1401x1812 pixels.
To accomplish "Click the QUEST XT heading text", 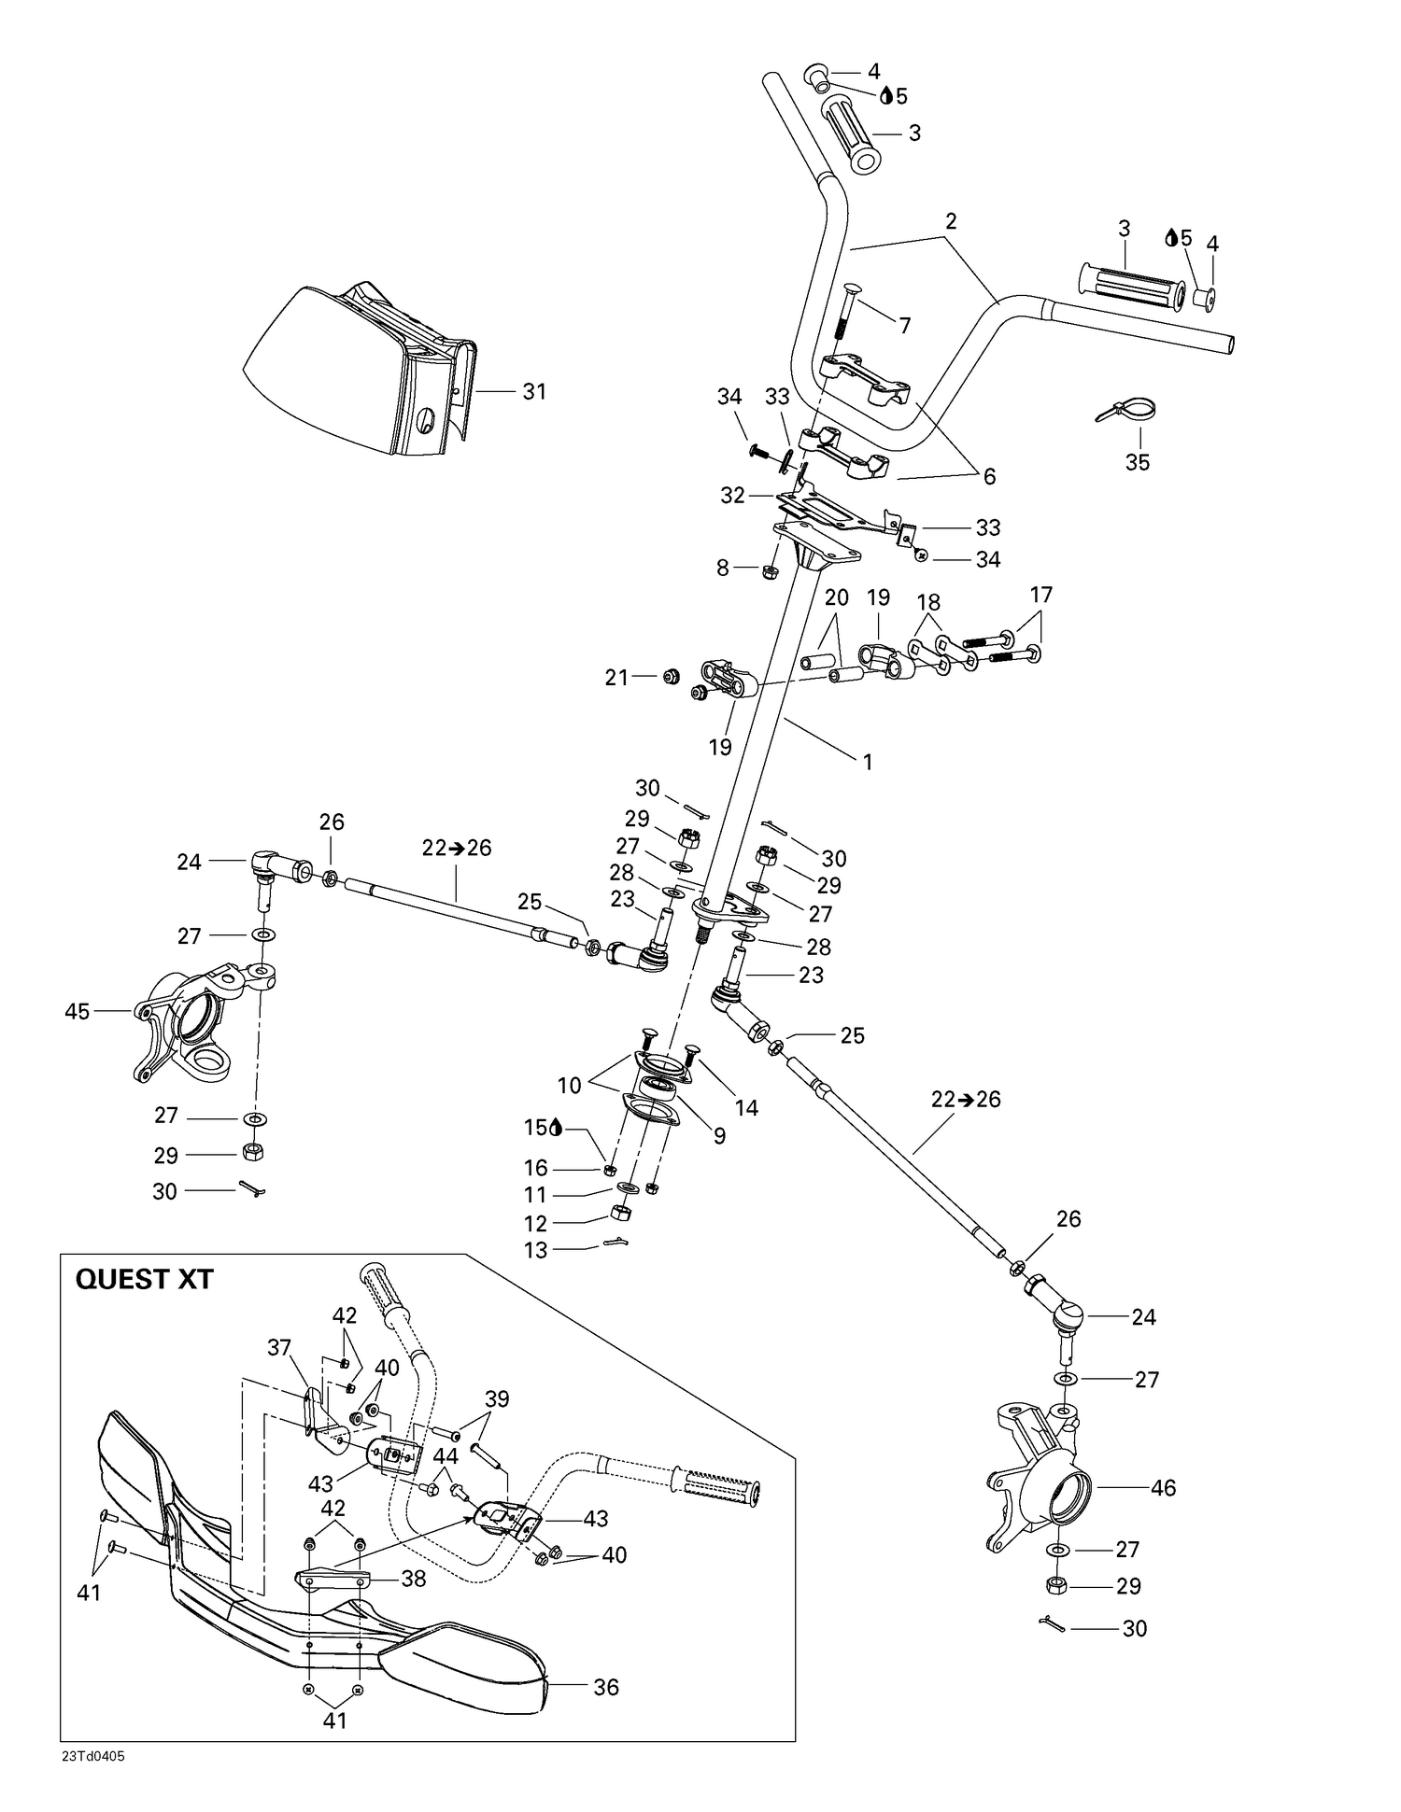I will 144,1278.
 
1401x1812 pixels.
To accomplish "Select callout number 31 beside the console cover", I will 533,391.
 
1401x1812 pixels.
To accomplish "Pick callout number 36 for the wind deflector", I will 606,1687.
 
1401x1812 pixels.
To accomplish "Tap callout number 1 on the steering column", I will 867,762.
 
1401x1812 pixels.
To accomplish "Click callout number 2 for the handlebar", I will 951,221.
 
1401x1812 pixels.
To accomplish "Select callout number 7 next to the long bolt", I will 904,326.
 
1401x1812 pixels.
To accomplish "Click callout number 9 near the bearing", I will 719,1135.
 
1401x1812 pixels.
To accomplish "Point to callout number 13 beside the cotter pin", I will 535,1249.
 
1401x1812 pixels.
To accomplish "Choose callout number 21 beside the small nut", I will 616,678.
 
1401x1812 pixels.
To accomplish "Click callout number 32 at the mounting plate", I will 732,495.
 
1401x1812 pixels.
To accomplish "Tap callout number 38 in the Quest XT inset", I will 413,1578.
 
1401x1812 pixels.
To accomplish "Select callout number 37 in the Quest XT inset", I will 279,1347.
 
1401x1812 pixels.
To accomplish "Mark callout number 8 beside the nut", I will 722,567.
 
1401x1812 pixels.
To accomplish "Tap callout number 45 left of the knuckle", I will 77,1011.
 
